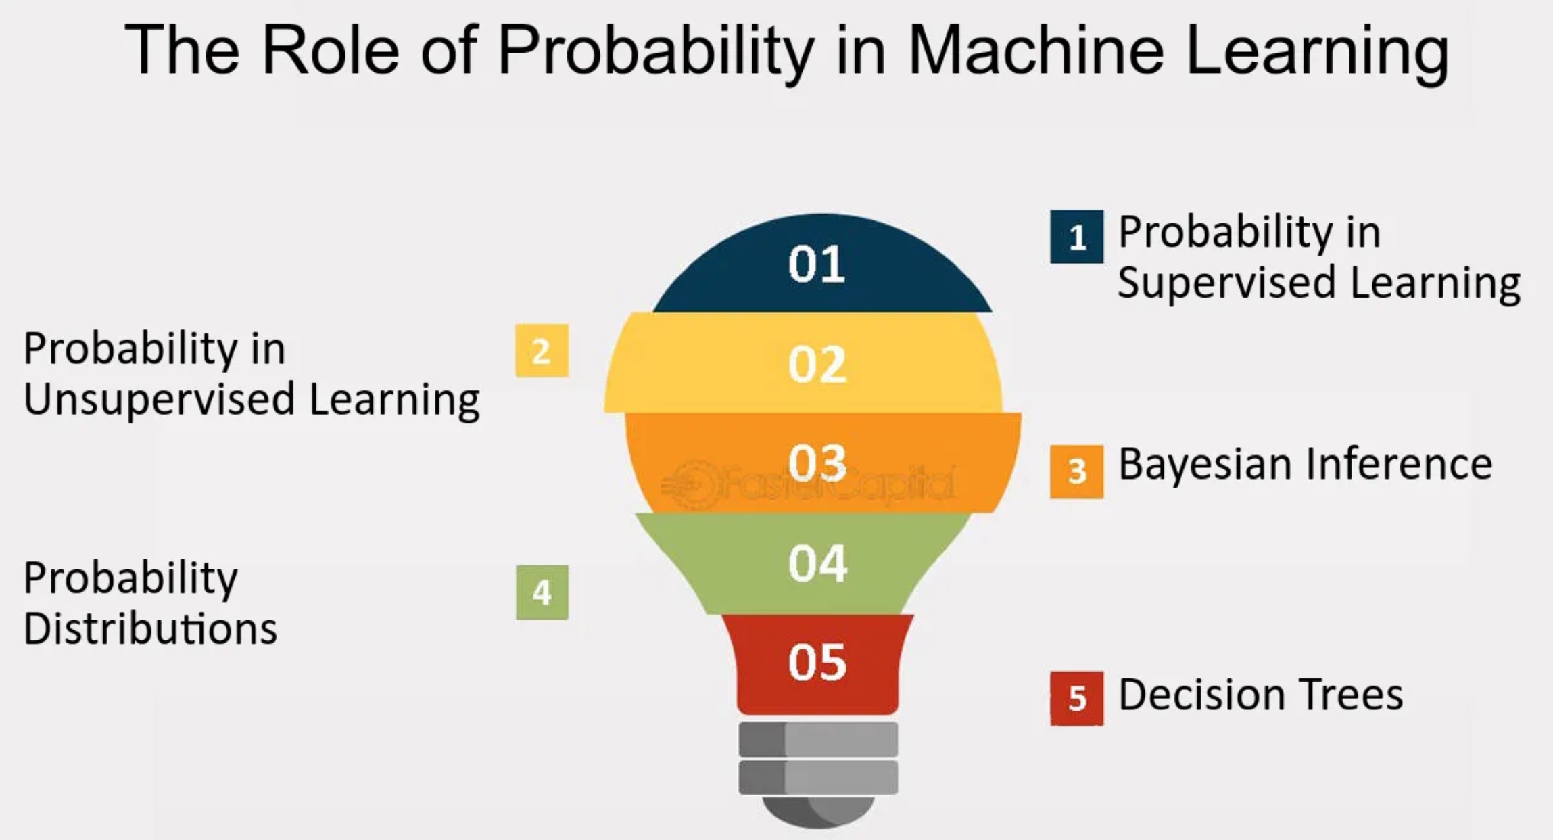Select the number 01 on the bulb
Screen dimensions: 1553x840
(817, 264)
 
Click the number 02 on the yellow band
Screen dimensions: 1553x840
(817, 365)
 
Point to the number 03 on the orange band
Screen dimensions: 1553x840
(817, 463)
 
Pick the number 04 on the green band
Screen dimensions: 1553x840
(817, 563)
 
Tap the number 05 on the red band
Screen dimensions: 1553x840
(817, 662)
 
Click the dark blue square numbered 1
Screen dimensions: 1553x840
(1076, 237)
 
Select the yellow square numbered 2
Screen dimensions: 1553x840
(542, 351)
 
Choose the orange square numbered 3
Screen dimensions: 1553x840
(1076, 471)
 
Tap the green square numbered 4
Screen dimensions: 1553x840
(542, 592)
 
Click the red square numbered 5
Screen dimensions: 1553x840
(1076, 699)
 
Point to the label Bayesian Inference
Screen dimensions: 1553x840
(1305, 466)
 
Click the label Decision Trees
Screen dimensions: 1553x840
(1261, 695)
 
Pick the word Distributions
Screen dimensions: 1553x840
(150, 628)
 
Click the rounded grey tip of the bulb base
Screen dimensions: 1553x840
(818, 812)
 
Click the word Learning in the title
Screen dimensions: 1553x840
(1317, 53)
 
